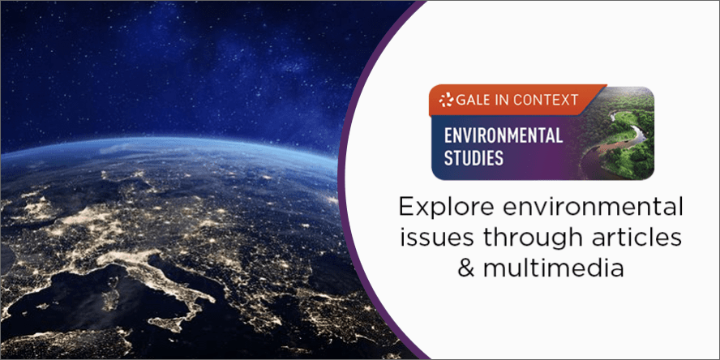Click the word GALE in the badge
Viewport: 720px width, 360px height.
[474, 100]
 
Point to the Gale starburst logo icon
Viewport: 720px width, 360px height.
[445, 100]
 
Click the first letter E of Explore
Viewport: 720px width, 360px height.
[405, 208]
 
